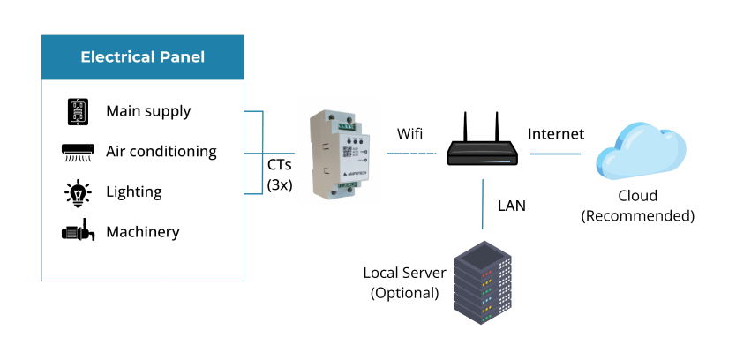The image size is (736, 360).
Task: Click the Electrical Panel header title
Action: tap(143, 57)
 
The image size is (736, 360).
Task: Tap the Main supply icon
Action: tap(79, 112)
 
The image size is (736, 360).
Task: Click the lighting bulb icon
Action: tap(79, 192)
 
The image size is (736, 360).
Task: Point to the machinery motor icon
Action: tap(79, 232)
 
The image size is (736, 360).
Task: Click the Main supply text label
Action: tap(148, 111)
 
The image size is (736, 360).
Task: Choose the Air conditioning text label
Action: tap(161, 152)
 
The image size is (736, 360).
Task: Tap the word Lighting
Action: tap(134, 192)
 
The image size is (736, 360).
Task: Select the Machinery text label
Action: tap(143, 233)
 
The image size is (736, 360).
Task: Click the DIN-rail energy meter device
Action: tap(341, 153)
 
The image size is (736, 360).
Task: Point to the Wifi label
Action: tap(410, 134)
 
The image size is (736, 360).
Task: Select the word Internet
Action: tap(556, 134)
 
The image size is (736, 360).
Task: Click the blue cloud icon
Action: tap(641, 151)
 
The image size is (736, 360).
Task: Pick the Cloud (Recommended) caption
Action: tap(637, 206)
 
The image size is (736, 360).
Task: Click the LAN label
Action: tap(512, 206)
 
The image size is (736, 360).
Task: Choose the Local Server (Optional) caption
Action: tap(405, 282)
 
